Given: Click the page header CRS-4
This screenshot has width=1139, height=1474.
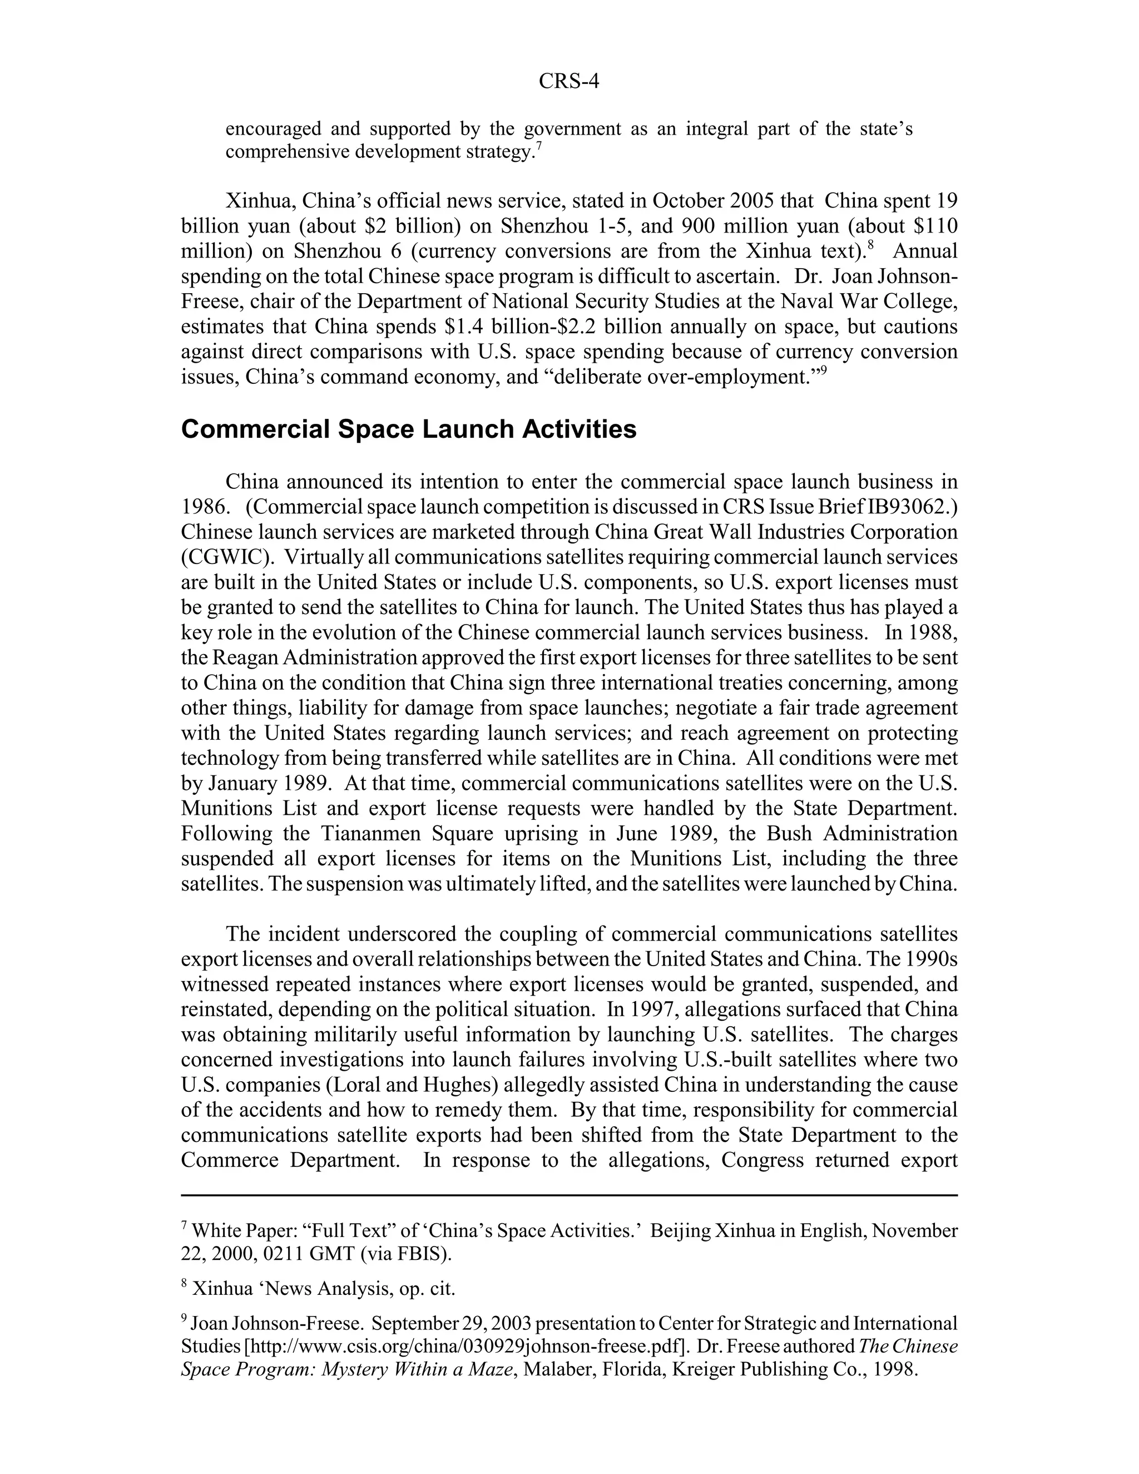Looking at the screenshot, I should click(x=569, y=82).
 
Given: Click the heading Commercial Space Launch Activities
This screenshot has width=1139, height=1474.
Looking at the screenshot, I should click(x=408, y=429).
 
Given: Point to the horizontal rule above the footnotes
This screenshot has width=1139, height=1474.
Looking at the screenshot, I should click(x=569, y=1195).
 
